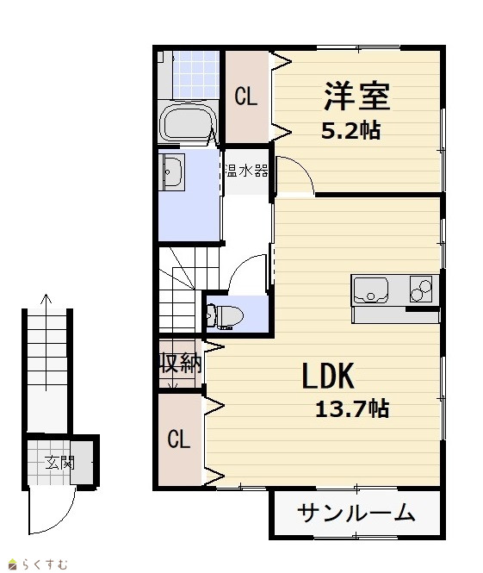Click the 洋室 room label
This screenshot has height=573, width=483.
click(356, 97)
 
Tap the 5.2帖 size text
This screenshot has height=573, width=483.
click(350, 130)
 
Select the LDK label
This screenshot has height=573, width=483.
click(328, 376)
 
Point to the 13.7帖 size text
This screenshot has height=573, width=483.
click(352, 409)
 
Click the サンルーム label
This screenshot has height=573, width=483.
click(356, 513)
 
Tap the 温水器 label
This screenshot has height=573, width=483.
click(247, 171)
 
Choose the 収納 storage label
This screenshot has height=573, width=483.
click(180, 363)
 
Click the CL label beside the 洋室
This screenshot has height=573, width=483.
click(245, 97)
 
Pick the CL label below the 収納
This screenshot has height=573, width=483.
click(179, 439)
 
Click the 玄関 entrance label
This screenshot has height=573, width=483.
click(59, 463)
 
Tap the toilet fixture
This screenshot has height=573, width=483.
click(225, 315)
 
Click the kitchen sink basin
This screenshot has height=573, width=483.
click(370, 290)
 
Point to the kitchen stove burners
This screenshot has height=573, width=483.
click(420, 289)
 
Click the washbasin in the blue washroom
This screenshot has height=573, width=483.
click(172, 172)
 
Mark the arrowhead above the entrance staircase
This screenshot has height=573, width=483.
click(46, 298)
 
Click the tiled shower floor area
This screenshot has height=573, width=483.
click(195, 75)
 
